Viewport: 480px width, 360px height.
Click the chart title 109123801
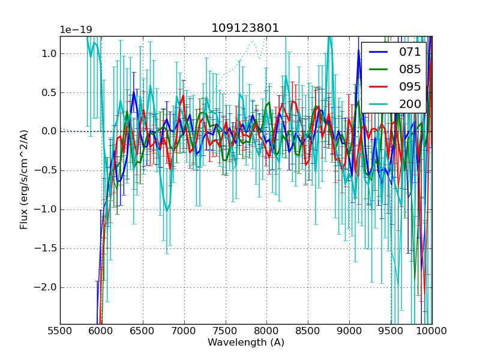pyautogui.click(x=245, y=28)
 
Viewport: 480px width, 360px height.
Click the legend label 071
pyautogui.click(x=410, y=52)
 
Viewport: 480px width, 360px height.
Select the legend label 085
pyautogui.click(x=410, y=70)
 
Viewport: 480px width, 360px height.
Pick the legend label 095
pyautogui.click(x=410, y=87)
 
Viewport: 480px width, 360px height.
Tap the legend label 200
pyautogui.click(x=410, y=104)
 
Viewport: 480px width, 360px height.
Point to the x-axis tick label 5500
pyautogui.click(x=60, y=331)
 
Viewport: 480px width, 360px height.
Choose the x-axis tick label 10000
pyautogui.click(x=432, y=331)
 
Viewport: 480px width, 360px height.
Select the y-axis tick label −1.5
pyautogui.click(x=46, y=248)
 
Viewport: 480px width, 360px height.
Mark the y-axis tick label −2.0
pyautogui.click(x=46, y=287)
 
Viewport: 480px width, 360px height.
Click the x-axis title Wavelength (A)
pyautogui.click(x=246, y=343)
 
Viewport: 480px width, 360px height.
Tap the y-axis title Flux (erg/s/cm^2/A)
pyautogui.click(x=25, y=179)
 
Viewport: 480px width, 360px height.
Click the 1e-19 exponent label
pyautogui.click(x=76, y=30)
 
